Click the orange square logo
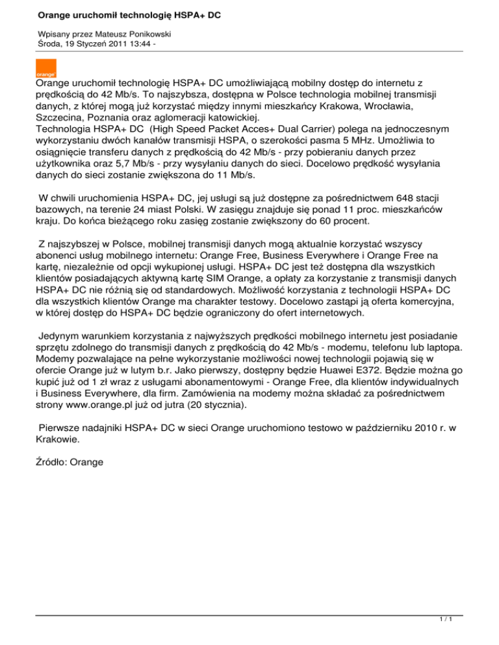[x=45, y=68]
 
